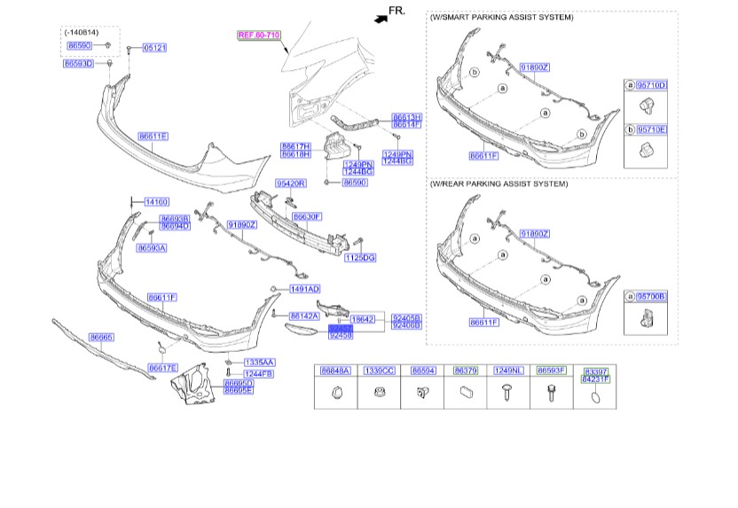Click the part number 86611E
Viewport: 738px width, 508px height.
(x=153, y=136)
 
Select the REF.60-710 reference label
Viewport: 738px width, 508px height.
(x=257, y=35)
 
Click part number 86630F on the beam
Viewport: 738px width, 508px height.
(x=307, y=216)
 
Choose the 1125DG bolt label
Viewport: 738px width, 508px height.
(x=360, y=257)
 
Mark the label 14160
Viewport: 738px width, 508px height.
(x=156, y=202)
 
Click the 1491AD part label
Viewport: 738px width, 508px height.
(x=305, y=289)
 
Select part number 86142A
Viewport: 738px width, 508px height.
(x=304, y=316)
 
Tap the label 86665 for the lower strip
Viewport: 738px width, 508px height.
(x=101, y=337)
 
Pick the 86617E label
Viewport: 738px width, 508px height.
(x=163, y=367)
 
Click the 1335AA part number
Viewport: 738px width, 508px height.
(x=260, y=362)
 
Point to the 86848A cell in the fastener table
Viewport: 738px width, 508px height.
(x=335, y=371)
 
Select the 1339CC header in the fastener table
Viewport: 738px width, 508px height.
(x=378, y=371)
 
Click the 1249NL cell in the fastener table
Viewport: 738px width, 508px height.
(x=508, y=371)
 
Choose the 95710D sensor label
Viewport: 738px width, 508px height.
(x=652, y=85)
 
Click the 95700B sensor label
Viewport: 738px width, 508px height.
(x=652, y=295)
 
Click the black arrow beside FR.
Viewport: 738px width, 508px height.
(x=380, y=16)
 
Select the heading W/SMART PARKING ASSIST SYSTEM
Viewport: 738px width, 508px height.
(x=501, y=18)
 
